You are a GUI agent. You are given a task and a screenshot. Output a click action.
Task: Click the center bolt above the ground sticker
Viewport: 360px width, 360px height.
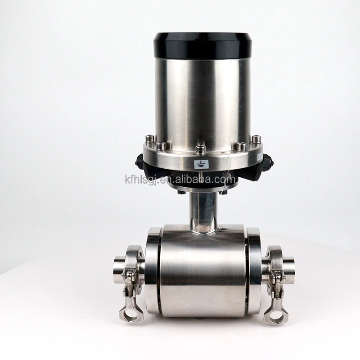coord(201,148)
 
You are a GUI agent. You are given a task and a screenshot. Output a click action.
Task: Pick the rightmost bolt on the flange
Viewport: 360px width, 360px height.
coord(256,139)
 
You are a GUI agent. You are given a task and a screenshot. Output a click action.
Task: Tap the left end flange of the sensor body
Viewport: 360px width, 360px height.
coord(153,270)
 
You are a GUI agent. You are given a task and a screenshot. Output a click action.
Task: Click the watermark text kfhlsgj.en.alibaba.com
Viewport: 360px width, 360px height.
coord(180,180)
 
